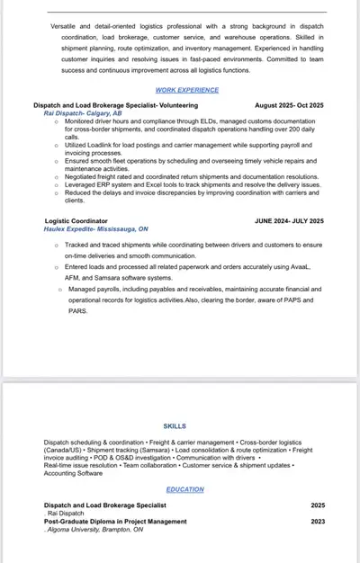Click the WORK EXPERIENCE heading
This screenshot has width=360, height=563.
187,90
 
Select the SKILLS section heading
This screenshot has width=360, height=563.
175,425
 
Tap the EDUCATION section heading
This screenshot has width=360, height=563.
184,489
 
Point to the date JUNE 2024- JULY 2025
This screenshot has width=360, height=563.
289,220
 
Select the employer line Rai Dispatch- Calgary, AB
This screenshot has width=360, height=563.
83,113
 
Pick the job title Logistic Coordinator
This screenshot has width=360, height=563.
76,220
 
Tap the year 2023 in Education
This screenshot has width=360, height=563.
318,522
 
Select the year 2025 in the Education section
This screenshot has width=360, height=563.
318,505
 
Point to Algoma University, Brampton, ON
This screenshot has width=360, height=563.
94,531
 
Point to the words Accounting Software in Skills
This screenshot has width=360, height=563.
74,473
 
